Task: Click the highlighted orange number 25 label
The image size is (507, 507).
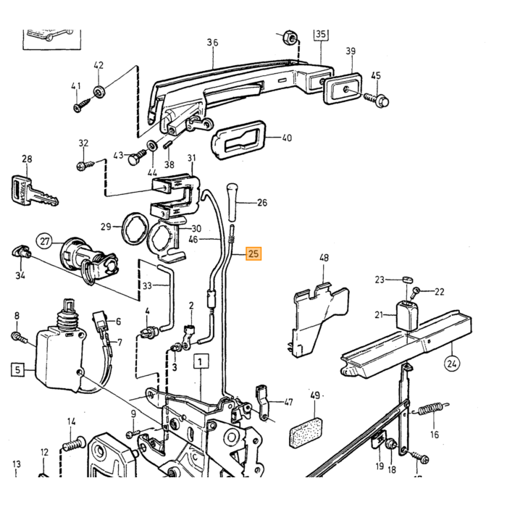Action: point(253,253)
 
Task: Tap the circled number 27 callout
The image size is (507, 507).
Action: point(45,241)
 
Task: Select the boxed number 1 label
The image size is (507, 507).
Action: point(201,362)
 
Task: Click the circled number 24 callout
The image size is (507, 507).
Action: point(452,364)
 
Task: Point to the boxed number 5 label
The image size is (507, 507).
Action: point(18,369)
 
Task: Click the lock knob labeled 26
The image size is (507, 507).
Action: point(232,201)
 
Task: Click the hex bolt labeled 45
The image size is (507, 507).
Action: point(377,100)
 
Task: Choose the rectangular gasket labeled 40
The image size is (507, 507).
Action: point(238,140)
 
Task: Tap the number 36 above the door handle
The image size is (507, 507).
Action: point(212,42)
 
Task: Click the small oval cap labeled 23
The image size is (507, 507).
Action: point(408,280)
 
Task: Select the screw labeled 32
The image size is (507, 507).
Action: point(85,166)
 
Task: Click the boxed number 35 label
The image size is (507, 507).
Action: point(321,33)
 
